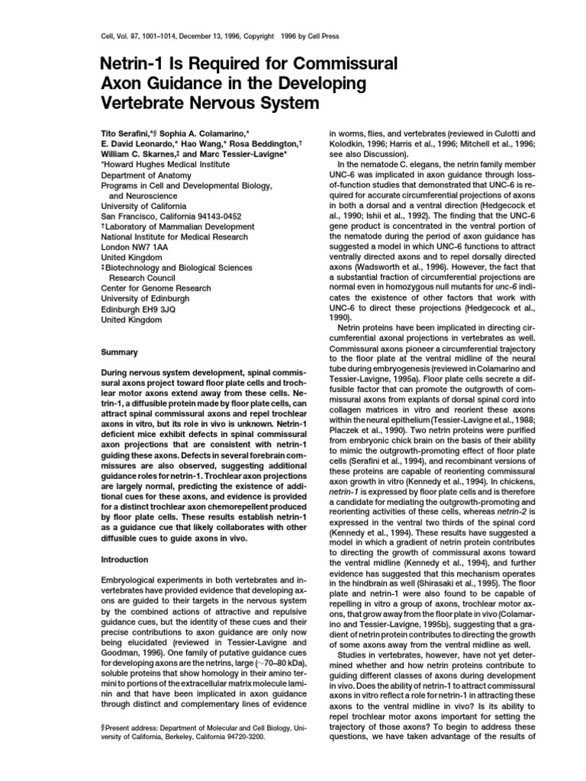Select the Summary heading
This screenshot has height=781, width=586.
click(x=119, y=352)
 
